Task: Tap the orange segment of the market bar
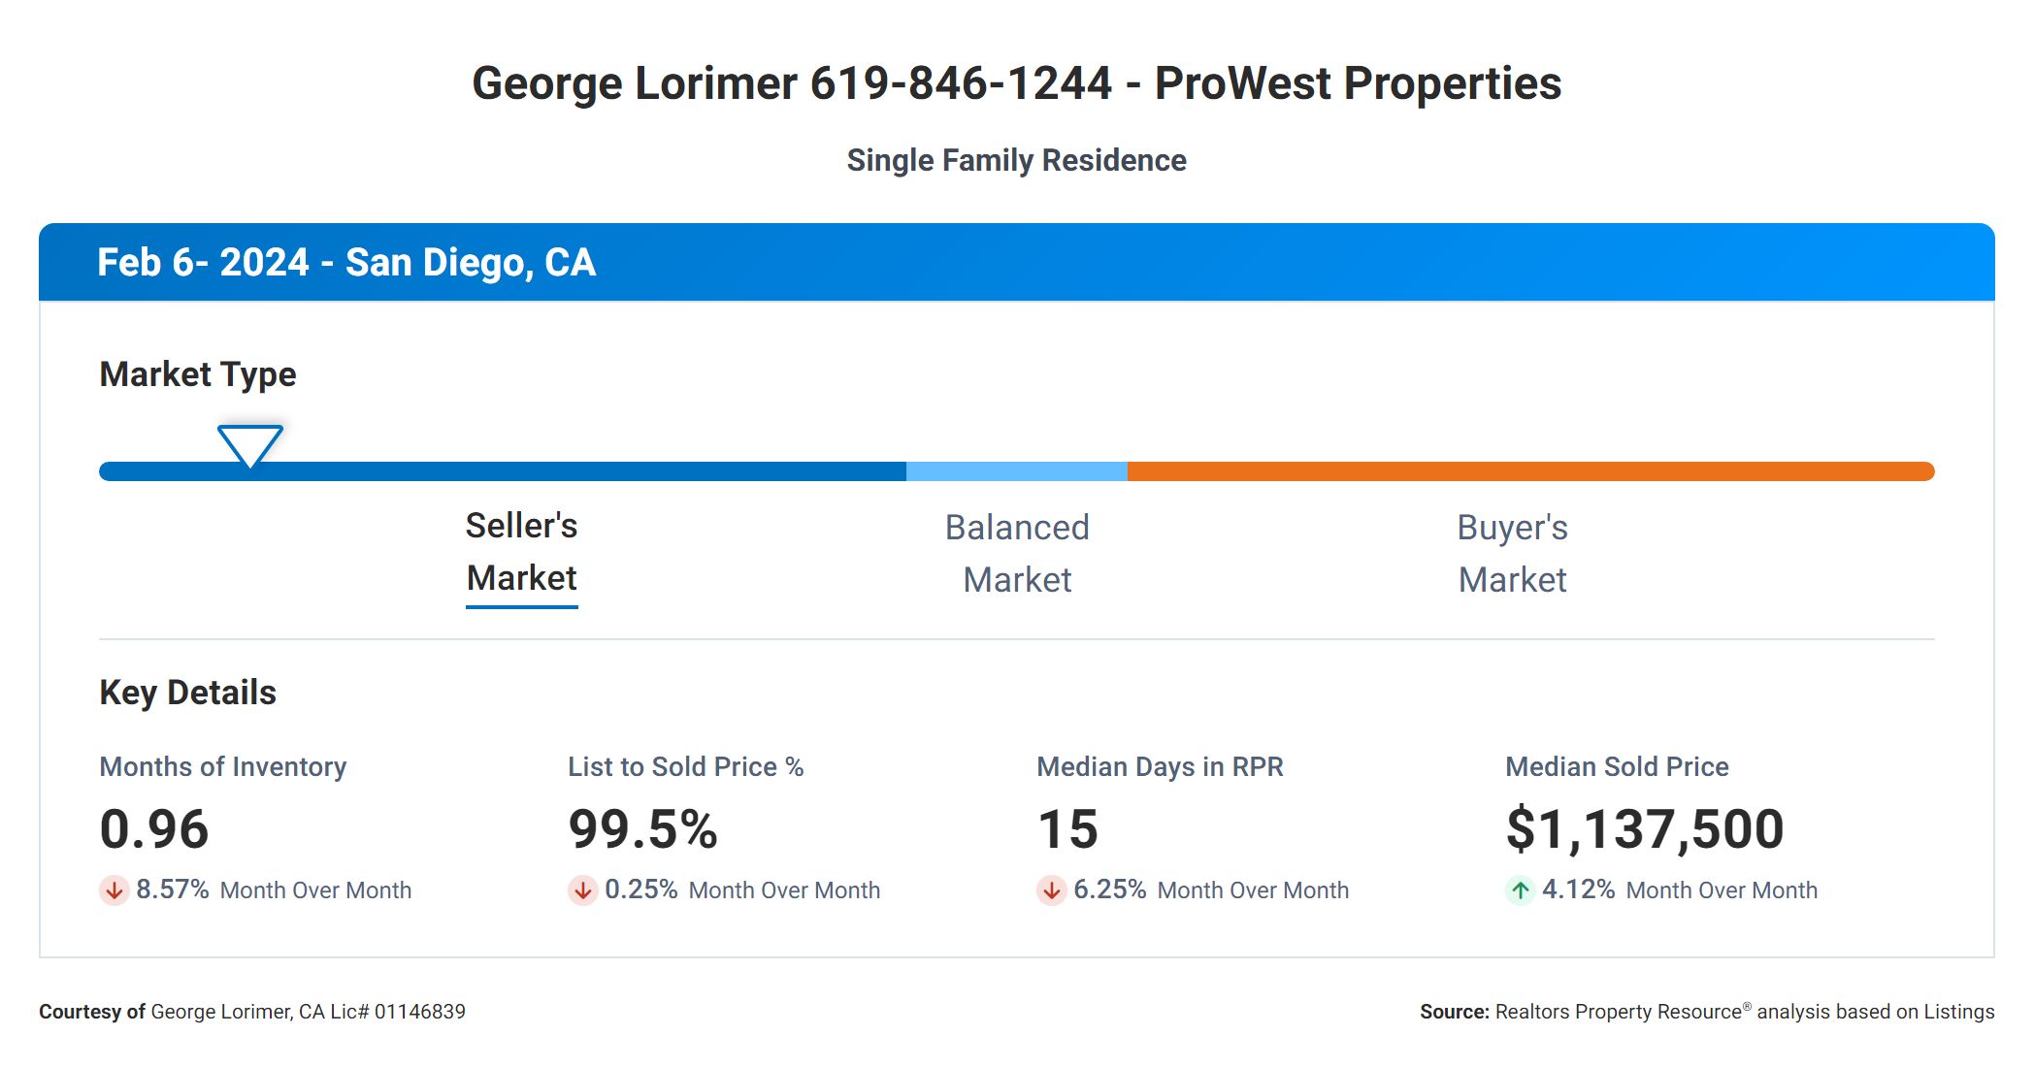[x=1529, y=471]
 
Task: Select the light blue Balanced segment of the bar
[x=1016, y=471]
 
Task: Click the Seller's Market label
[x=521, y=552]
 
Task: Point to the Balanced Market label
[x=1017, y=554]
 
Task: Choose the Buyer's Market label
[x=1512, y=554]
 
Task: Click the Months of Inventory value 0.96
[x=154, y=829]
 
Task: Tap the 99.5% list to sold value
[x=642, y=829]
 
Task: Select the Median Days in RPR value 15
[x=1067, y=829]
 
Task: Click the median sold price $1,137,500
[x=1645, y=829]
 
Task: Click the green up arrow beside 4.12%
[x=1520, y=889]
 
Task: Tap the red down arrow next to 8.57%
[x=114, y=889]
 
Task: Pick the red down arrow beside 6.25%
[x=1051, y=889]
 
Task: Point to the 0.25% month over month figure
[x=640, y=889]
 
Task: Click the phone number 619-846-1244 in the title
[x=961, y=83]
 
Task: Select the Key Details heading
[x=187, y=693]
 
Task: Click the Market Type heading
[x=197, y=374]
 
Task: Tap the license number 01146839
[x=419, y=1012]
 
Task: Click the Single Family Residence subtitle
[x=1016, y=160]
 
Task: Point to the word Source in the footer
[x=1454, y=1012]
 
